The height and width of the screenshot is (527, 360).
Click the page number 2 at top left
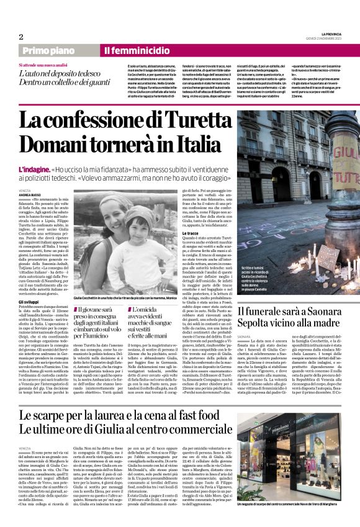pyautogui.click(x=21, y=37)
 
